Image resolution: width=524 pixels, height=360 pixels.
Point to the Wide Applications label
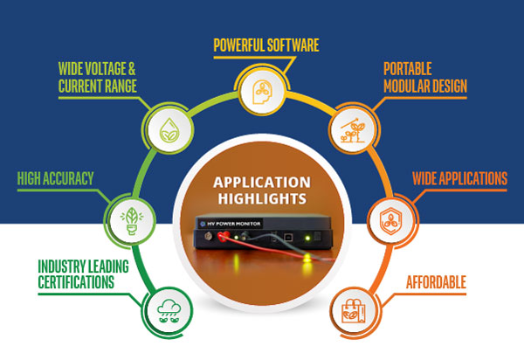pos(459,179)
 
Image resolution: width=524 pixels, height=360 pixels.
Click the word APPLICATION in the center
pos(262,183)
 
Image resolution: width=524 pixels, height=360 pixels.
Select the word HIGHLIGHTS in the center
pos(262,201)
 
